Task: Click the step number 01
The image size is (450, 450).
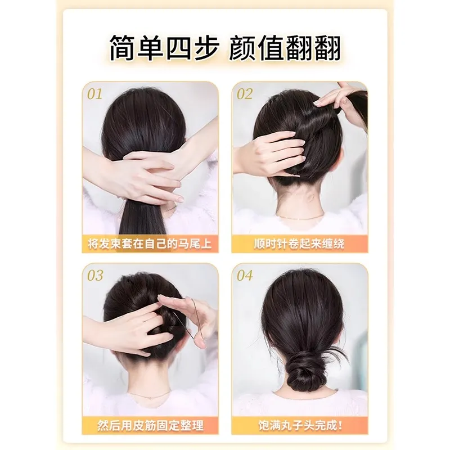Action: tap(94, 94)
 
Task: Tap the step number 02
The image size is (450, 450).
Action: tap(245, 94)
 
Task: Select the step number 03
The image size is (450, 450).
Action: tap(95, 275)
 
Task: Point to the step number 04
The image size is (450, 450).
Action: tap(245, 275)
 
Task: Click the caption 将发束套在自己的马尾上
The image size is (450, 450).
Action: tap(150, 244)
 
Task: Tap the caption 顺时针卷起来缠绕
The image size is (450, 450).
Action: tap(299, 244)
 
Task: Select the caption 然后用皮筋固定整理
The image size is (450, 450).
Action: tap(150, 425)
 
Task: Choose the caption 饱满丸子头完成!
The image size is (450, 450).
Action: tap(300, 425)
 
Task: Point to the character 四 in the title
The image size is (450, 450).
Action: tap(179, 48)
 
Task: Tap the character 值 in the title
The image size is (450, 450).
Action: tap(274, 48)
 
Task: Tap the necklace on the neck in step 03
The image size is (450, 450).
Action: tap(149, 395)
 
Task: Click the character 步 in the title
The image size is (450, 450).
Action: tap(206, 48)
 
